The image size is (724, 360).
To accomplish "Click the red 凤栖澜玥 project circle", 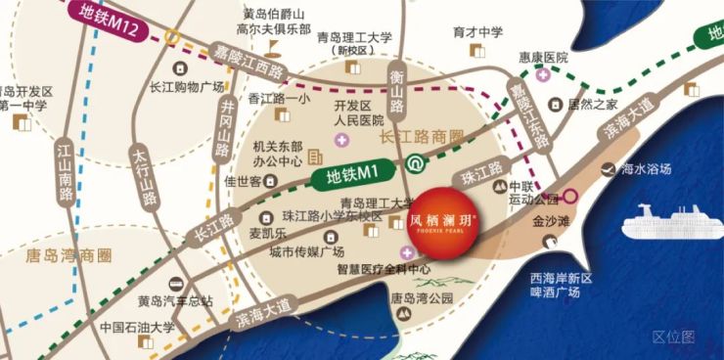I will (440, 225).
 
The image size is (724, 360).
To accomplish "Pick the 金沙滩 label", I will (550, 222).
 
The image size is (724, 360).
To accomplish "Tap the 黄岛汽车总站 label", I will (174, 300).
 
